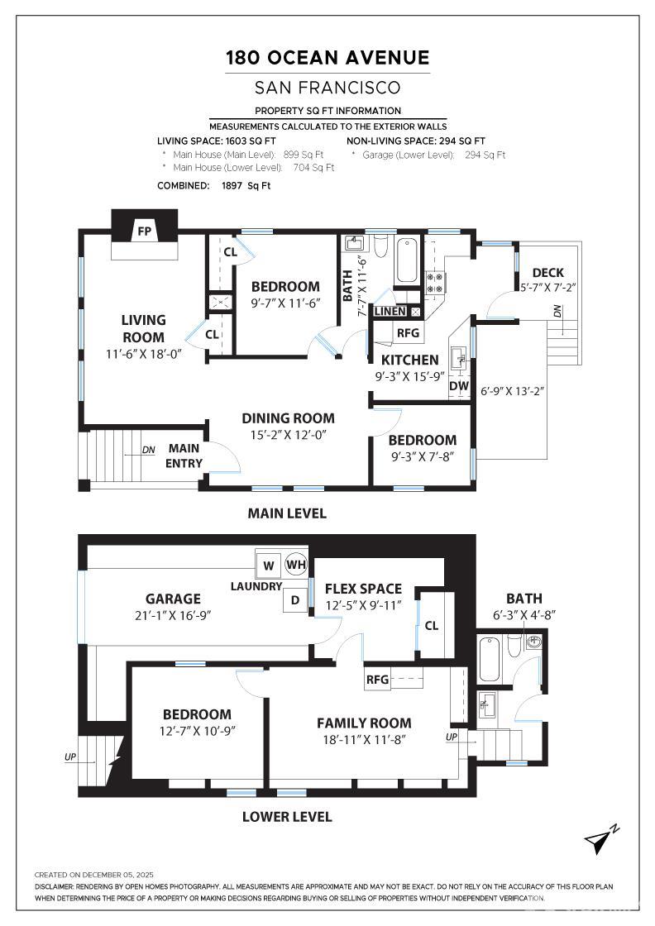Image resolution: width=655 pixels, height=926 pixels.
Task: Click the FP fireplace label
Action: tap(144, 231)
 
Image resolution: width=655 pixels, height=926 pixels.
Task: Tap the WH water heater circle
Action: tap(295, 565)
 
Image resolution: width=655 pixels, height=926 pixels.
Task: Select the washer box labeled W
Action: tap(268, 566)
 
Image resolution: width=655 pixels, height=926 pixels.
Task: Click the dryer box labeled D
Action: tap(295, 601)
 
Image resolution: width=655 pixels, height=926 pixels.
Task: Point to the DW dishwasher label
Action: tap(458, 385)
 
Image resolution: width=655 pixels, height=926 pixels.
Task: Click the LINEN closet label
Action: tap(390, 311)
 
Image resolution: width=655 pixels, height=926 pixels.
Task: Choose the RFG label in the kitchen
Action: tap(408, 333)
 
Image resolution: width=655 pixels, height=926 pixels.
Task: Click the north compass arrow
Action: tap(598, 839)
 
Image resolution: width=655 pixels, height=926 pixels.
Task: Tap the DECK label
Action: tap(548, 273)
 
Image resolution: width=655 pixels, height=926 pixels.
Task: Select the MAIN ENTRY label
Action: tap(184, 456)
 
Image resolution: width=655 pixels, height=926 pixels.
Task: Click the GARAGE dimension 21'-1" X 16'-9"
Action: tap(173, 615)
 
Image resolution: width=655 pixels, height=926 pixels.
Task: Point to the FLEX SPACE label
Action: tap(363, 589)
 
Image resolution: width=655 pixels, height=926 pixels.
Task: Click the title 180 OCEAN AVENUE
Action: tap(327, 58)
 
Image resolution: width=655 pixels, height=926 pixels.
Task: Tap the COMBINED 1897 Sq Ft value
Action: tap(246, 186)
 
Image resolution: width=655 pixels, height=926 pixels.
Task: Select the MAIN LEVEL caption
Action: tap(287, 513)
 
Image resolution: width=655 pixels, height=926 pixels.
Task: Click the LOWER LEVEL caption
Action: tap(287, 817)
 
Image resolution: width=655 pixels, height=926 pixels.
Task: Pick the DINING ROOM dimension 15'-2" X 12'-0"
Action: tap(288, 435)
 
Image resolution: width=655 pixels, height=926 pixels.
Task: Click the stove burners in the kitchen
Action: tap(435, 284)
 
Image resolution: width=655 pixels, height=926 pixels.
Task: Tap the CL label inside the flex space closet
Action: tap(431, 626)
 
